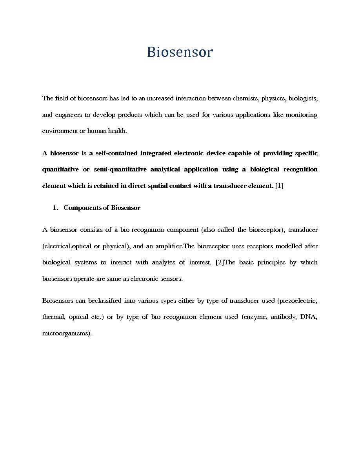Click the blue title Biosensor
[180, 52]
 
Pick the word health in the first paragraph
[118, 131]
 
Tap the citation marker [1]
[279, 186]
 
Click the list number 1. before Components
[55, 208]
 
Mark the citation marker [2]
[219, 262]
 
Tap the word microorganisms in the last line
[66, 333]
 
